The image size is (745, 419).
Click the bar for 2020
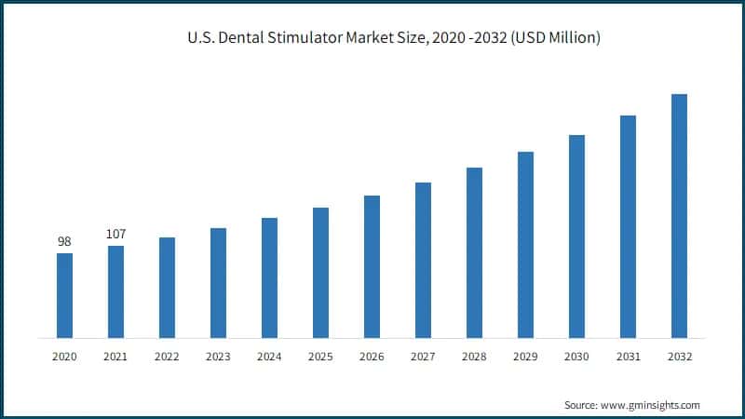coord(64,295)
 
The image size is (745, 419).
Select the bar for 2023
coord(218,282)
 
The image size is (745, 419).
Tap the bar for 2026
coord(372,266)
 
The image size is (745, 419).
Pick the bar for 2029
coord(525,244)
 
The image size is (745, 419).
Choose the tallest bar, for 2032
coord(679,215)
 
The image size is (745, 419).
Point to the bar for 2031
coord(628,226)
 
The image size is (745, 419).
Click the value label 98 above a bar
coord(64,242)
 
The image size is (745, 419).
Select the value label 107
coord(115,234)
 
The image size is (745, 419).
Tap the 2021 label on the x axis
coord(115,357)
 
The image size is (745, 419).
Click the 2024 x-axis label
coord(269,357)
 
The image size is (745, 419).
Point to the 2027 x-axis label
coord(423,357)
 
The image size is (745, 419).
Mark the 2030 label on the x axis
coord(576,357)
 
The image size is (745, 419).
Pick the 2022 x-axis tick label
coord(167,357)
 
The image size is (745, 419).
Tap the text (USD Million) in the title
coord(550,38)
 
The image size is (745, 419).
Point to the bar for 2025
coord(320,272)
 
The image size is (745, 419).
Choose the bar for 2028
coord(474,252)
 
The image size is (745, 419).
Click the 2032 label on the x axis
coord(679,357)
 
